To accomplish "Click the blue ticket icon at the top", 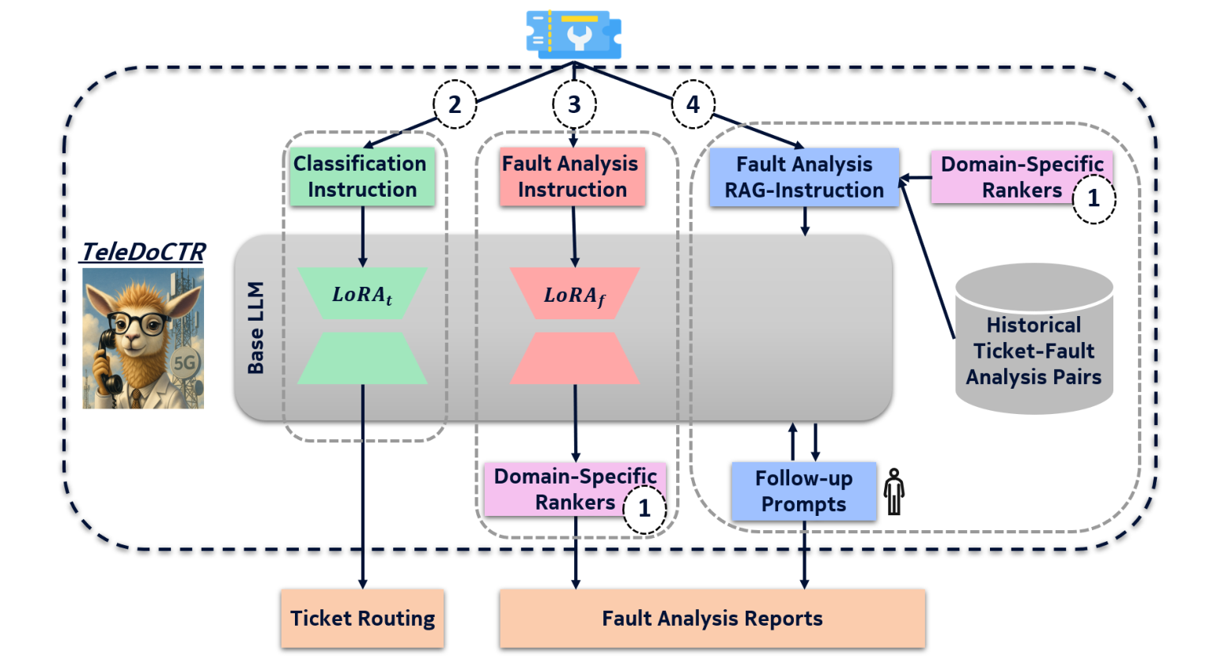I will pos(573,35).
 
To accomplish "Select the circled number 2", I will pos(455,104).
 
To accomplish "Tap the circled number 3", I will pos(574,104).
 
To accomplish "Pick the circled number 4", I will pos(693,104).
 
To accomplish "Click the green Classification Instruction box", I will pos(361,177).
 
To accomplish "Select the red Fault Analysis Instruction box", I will pos(572,177).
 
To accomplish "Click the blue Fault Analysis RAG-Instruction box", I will pos(803,178).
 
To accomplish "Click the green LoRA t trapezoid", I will pos(362,294).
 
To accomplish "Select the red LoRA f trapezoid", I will pos(574,294).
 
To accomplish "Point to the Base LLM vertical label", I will pos(255,327).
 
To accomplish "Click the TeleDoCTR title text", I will pos(143,252).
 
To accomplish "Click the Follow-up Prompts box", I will pos(803,491).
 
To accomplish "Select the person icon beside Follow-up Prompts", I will pos(894,491).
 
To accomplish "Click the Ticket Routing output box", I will pos(362,619).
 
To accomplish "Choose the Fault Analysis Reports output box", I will pos(712,619).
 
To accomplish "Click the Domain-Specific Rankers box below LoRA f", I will pos(574,490).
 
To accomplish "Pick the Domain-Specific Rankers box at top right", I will pos(1021,178).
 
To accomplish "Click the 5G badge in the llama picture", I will pos(184,363).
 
